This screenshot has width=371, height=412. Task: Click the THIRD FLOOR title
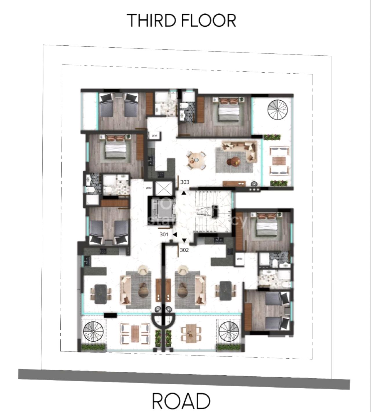pos(182,20)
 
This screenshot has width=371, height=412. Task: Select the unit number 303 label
pos(185,182)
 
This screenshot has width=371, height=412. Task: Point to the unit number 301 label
pos(164,235)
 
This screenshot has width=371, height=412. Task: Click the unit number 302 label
pos(184,250)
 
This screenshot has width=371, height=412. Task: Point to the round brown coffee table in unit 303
pos(233,161)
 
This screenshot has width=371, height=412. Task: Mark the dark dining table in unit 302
pos(225,291)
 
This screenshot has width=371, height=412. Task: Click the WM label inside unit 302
pos(239,259)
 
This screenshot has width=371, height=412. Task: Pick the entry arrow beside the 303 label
pos(184,193)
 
